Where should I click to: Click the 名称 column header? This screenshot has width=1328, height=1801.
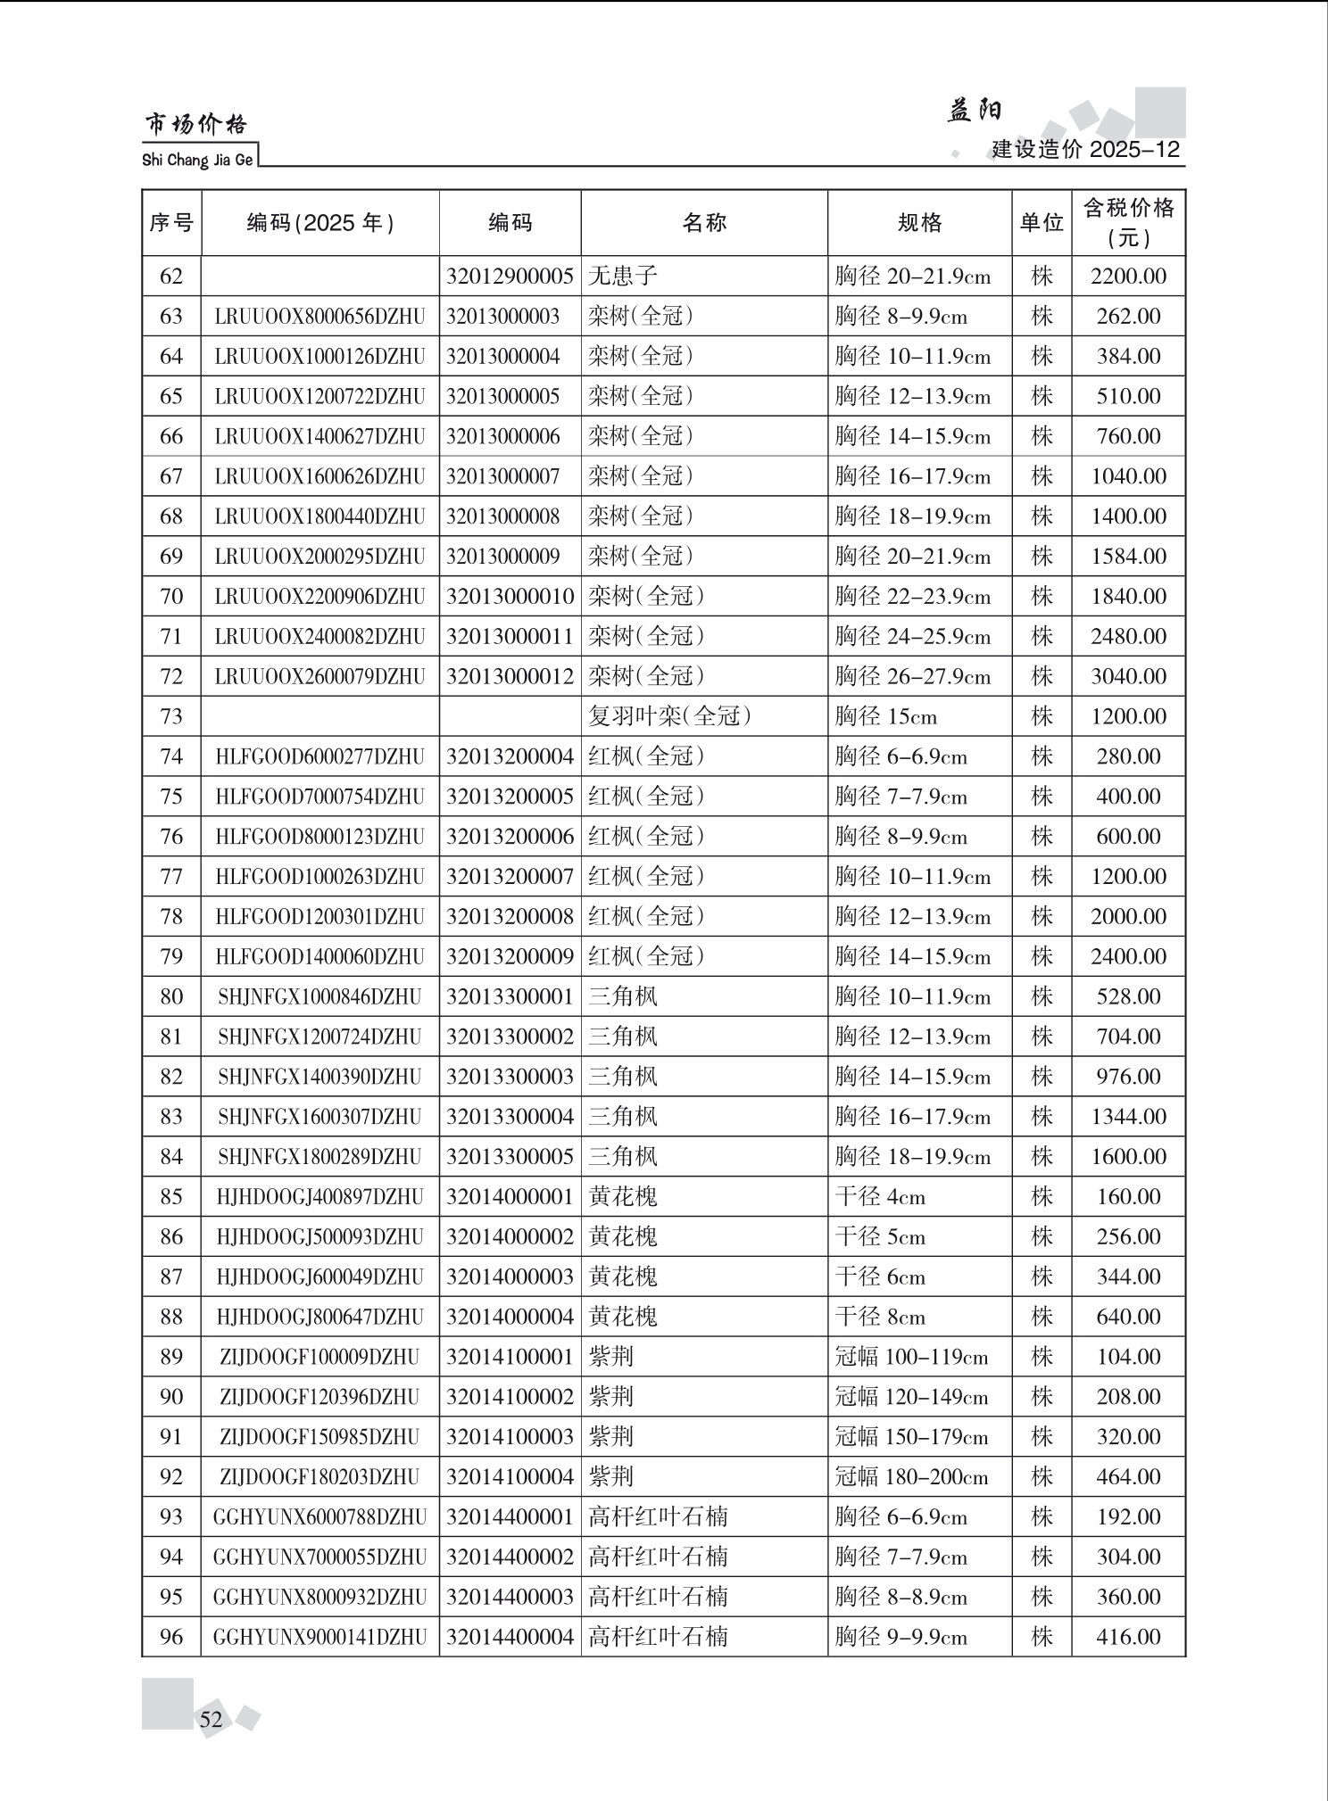point(704,223)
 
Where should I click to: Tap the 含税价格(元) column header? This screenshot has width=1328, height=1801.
point(1128,223)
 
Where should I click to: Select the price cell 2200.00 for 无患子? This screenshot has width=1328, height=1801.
point(1128,277)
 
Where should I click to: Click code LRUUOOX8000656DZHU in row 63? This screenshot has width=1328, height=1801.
point(320,317)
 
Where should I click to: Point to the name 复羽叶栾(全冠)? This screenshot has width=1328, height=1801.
point(669,716)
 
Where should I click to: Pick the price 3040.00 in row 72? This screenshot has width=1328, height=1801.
point(1128,676)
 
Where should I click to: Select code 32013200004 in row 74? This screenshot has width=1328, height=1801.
point(510,756)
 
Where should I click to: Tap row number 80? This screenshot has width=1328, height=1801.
point(171,996)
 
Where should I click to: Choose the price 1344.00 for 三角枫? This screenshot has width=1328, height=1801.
point(1128,1117)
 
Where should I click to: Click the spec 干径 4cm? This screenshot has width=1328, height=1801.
point(880,1196)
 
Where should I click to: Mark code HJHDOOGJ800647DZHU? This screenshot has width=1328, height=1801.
point(320,1317)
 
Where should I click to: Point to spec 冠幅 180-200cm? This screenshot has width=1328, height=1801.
point(910,1477)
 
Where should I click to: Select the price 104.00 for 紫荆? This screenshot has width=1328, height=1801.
point(1128,1357)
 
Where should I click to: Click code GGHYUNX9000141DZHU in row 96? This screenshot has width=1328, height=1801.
point(320,1637)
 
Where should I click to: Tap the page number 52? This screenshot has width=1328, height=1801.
point(212,1719)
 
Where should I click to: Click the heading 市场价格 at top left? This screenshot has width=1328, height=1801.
point(195,125)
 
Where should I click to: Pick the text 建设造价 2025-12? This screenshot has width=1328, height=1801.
point(1085,150)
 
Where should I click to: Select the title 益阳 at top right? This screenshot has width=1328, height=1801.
point(974,111)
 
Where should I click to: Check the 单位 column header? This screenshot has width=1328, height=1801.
point(1042,223)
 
